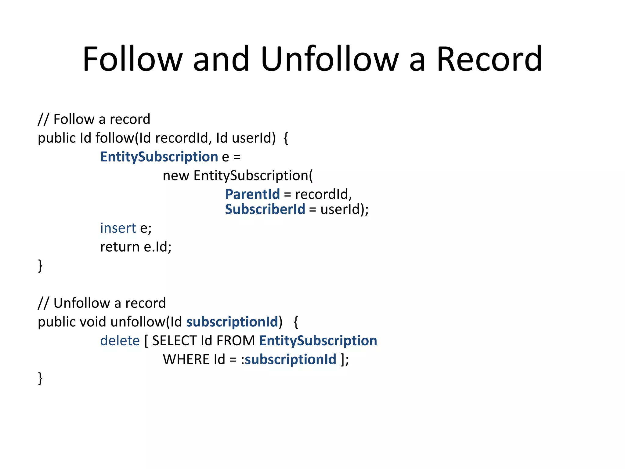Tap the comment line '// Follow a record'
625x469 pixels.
94,119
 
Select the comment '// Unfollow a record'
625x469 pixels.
102,303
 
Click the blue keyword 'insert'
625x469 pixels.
118,228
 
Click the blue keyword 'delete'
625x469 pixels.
120,340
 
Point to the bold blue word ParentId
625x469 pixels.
252,194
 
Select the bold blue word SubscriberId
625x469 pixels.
265,209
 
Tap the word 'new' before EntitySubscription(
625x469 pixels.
176,176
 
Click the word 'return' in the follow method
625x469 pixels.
120,247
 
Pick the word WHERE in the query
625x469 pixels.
186,359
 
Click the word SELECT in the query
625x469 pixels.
174,340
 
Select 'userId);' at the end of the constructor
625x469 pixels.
344,209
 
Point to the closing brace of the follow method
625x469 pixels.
40,266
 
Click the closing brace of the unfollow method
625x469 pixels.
40,378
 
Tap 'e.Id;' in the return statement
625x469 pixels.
157,247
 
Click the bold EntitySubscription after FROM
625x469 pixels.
318,340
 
